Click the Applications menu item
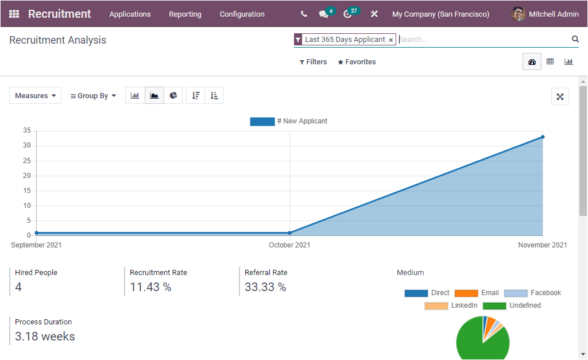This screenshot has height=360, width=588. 130,14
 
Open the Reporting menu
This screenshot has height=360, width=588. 185,14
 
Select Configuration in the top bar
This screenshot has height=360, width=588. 242,14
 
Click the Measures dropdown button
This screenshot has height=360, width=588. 35,96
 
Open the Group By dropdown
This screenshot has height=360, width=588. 93,96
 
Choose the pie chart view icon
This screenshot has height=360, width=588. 173,96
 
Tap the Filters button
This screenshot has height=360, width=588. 313,62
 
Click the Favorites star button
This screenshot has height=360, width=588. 357,62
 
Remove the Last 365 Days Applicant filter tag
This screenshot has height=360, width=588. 391,40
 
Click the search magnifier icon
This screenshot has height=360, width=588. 575,39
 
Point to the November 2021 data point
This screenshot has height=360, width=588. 543,137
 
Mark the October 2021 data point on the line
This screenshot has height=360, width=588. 289,233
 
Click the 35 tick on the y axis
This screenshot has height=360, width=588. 27,130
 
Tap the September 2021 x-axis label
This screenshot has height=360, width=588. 36,245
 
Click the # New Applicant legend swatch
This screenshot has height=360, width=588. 262,122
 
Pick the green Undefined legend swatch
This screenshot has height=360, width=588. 494,305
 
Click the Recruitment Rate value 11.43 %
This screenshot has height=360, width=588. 150,287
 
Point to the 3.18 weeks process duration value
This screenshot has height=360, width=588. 45,336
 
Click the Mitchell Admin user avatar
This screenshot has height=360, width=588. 519,14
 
